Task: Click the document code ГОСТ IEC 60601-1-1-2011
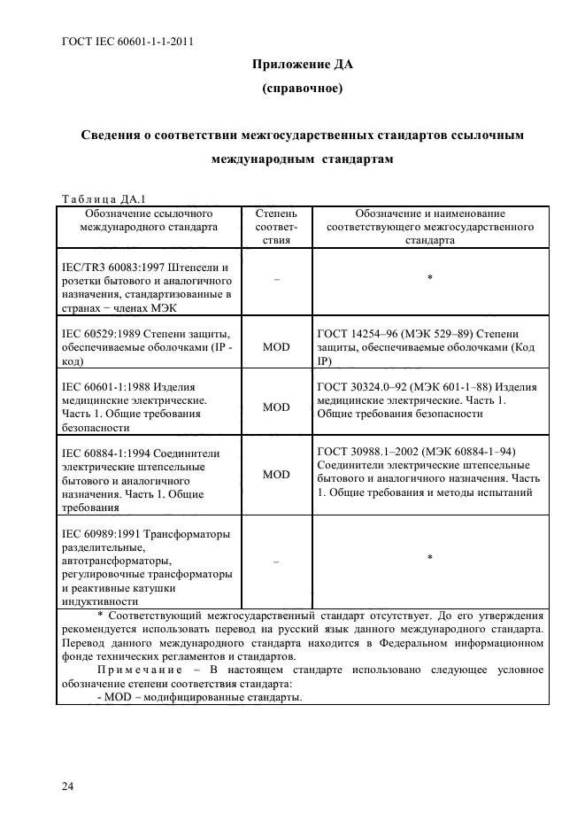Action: coord(128,41)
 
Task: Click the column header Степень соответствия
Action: coord(276,227)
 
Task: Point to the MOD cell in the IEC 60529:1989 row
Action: coord(276,349)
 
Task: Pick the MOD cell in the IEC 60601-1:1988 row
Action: coord(276,407)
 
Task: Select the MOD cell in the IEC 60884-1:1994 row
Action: coord(276,475)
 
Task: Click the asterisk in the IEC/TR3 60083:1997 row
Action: coord(429,279)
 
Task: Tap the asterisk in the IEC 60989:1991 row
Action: coord(429,558)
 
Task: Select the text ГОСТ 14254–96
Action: coord(358,333)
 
